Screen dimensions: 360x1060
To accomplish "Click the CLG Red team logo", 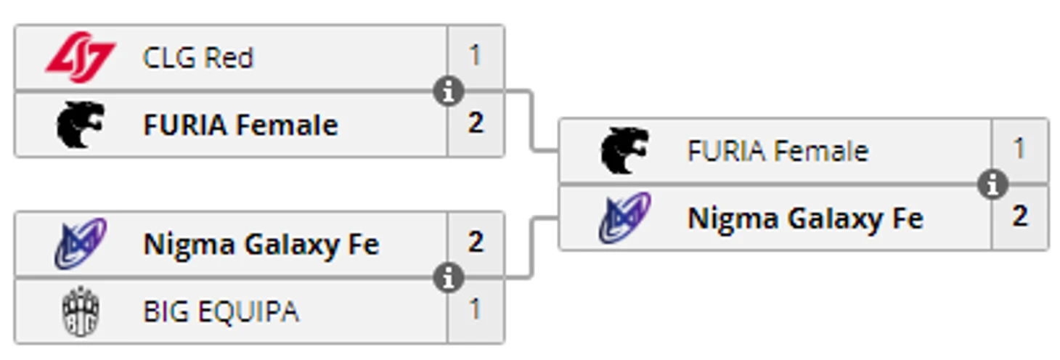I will coord(80,58).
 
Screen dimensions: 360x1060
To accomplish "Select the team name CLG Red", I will coord(197,58).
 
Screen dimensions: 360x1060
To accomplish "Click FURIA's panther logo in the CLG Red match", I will coord(80,124).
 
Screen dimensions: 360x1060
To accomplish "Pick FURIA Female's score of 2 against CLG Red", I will coord(475,123).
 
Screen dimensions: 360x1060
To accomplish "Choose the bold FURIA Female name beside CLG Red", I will coord(240,125).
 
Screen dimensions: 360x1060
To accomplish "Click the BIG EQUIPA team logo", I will coord(80,311).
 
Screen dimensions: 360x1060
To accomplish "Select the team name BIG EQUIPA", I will coord(221,311).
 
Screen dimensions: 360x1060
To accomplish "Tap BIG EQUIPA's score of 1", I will coord(475,310).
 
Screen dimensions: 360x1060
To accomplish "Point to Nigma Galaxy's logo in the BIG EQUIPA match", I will coord(80,244).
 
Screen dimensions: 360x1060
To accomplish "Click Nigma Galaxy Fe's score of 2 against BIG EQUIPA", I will coord(475,242).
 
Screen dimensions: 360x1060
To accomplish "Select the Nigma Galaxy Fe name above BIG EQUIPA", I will coord(261,245).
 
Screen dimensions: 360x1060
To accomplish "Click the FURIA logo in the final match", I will coord(624,151).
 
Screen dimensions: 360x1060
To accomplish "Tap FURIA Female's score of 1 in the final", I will coord(1019,150).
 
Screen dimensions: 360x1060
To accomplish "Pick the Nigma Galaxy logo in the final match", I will coord(624,218).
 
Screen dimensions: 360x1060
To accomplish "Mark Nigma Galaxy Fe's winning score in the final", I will coord(1019,216).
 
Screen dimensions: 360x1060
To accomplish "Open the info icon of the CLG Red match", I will coord(449,91).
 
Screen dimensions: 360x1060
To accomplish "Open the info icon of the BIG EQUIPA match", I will coord(449,278).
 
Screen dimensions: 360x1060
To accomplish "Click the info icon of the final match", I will coord(992,184).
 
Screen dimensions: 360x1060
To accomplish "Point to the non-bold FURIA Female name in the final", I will coord(777,152).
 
